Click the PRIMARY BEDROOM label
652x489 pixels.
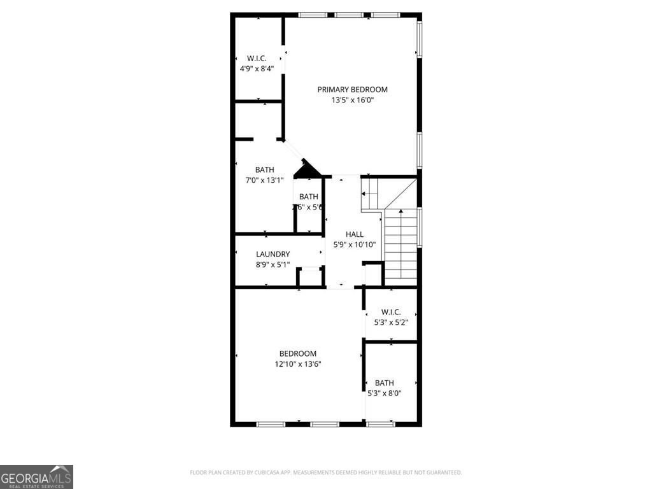(x=352, y=90)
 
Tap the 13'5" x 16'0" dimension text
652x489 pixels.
(x=352, y=100)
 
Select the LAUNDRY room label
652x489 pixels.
(x=273, y=254)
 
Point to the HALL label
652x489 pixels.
(x=355, y=234)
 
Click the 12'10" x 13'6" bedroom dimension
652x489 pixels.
(x=297, y=364)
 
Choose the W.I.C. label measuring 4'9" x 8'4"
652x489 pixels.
(x=257, y=59)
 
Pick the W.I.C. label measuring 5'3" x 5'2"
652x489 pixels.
(x=390, y=312)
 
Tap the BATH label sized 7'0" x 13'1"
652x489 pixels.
(x=265, y=170)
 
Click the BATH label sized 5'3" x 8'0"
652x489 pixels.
(x=384, y=383)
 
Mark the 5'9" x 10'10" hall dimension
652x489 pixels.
(x=355, y=244)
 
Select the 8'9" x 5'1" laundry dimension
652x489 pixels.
(x=273, y=264)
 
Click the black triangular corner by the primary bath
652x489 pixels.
(x=307, y=170)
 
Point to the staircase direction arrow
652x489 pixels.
(x=400, y=211)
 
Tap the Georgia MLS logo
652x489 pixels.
(x=36, y=476)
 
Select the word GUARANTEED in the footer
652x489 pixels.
(x=442, y=472)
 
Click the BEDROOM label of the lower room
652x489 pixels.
(x=297, y=354)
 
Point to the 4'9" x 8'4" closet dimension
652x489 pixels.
(x=257, y=69)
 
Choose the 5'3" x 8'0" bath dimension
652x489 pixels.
(x=384, y=393)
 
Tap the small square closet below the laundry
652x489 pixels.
(x=310, y=278)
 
